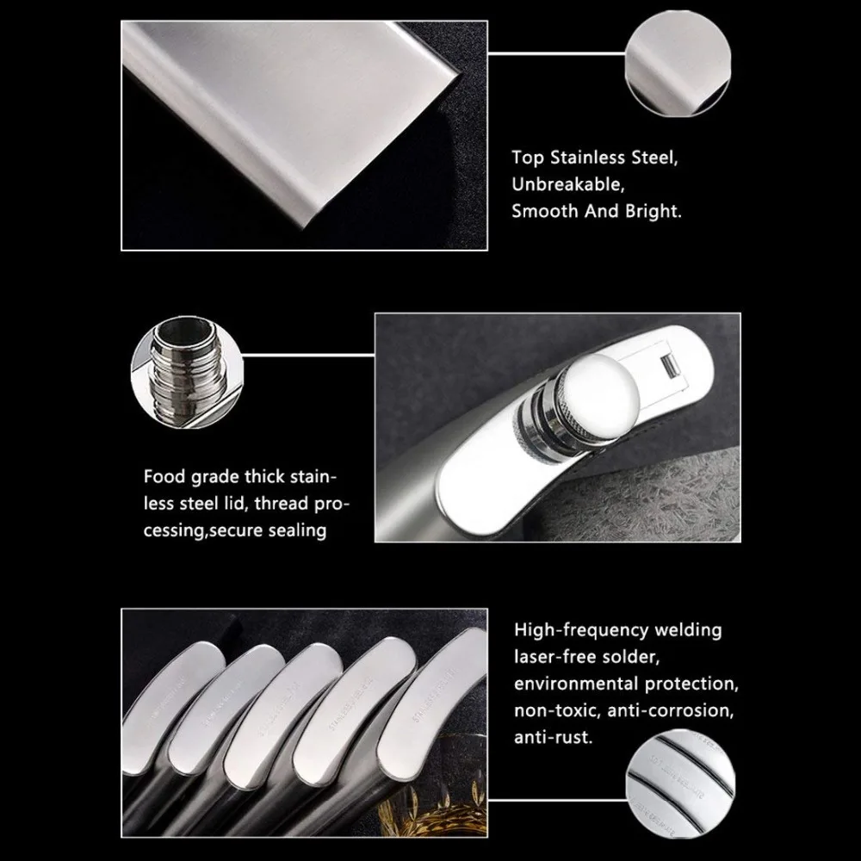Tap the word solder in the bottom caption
click(x=632, y=658)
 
